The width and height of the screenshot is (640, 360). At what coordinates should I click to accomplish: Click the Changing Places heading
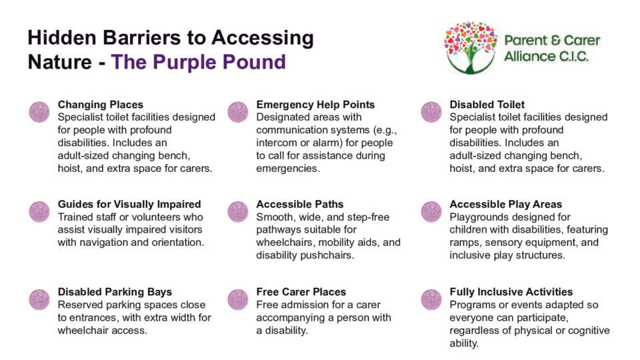101,105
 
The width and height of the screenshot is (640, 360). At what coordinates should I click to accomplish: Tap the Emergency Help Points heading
315,105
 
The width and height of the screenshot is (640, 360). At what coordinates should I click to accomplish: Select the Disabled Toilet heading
487,105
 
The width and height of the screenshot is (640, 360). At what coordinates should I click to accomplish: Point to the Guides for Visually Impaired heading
129,204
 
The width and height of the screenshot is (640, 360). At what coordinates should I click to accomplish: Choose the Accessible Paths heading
299,204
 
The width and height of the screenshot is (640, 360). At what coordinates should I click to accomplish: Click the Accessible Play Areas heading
506,204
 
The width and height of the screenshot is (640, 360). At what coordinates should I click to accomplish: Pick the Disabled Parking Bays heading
115,292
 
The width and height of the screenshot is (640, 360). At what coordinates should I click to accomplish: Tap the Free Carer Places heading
301,292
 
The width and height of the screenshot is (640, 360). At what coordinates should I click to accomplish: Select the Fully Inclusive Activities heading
511,292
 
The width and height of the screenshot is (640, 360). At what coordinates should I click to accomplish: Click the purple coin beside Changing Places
39,112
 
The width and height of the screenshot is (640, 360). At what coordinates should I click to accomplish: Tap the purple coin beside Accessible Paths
238,212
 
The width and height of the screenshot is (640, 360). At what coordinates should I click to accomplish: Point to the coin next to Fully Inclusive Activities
431,299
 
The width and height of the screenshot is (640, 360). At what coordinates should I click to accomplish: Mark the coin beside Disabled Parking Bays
39,299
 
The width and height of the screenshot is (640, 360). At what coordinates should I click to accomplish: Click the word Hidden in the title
61,37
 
